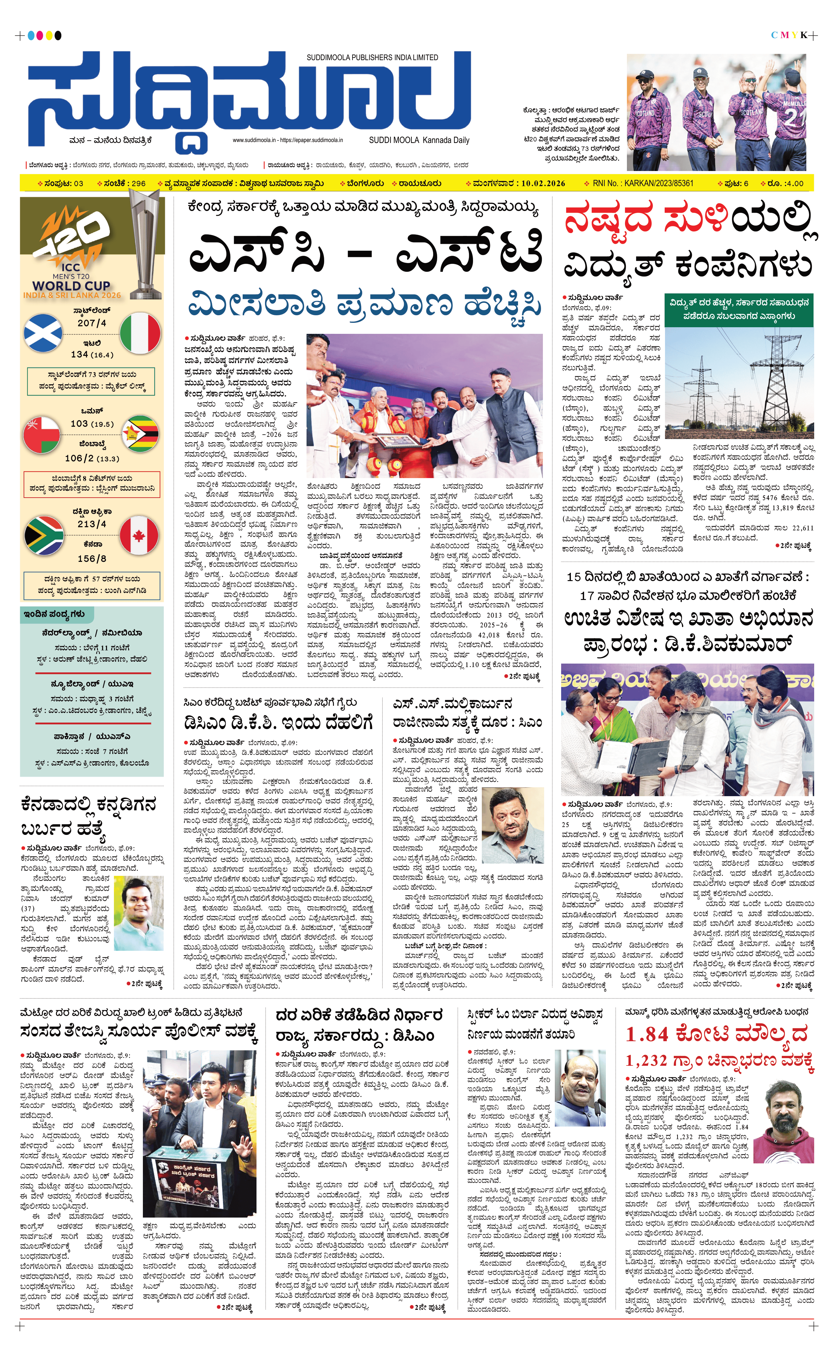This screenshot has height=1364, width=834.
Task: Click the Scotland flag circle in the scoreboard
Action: click(x=43, y=333)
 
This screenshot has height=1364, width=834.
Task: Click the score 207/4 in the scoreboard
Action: click(x=92, y=323)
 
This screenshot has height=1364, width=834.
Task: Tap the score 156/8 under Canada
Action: click(x=92, y=559)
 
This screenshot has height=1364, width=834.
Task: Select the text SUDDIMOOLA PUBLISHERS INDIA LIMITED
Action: click(x=372, y=58)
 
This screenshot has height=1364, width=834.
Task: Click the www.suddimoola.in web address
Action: click(x=254, y=140)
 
